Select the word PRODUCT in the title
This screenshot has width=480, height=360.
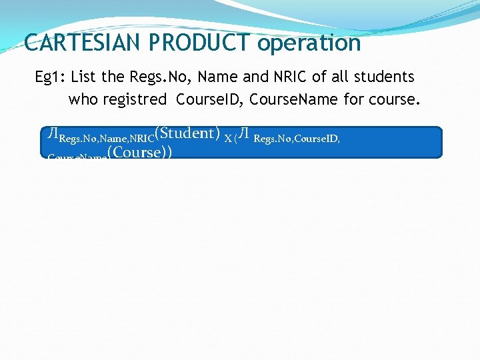199,43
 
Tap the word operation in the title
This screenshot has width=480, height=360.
309,43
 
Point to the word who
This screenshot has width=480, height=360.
83,100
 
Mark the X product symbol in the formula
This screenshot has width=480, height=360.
228,138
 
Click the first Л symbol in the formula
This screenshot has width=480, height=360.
53,134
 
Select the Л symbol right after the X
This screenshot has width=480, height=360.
245,134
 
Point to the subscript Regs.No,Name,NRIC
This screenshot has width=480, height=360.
107,139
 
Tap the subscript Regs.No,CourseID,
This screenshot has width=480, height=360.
297,139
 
